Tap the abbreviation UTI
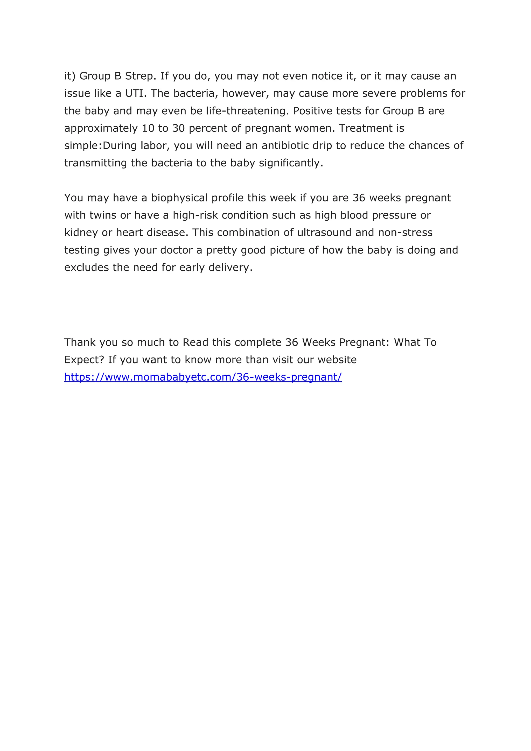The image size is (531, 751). click(134, 94)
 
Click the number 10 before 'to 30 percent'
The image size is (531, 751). click(148, 128)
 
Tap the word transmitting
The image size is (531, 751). click(95, 163)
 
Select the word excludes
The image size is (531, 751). click(87, 268)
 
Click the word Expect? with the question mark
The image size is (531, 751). click(84, 360)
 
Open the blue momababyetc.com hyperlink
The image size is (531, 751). click(203, 377)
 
